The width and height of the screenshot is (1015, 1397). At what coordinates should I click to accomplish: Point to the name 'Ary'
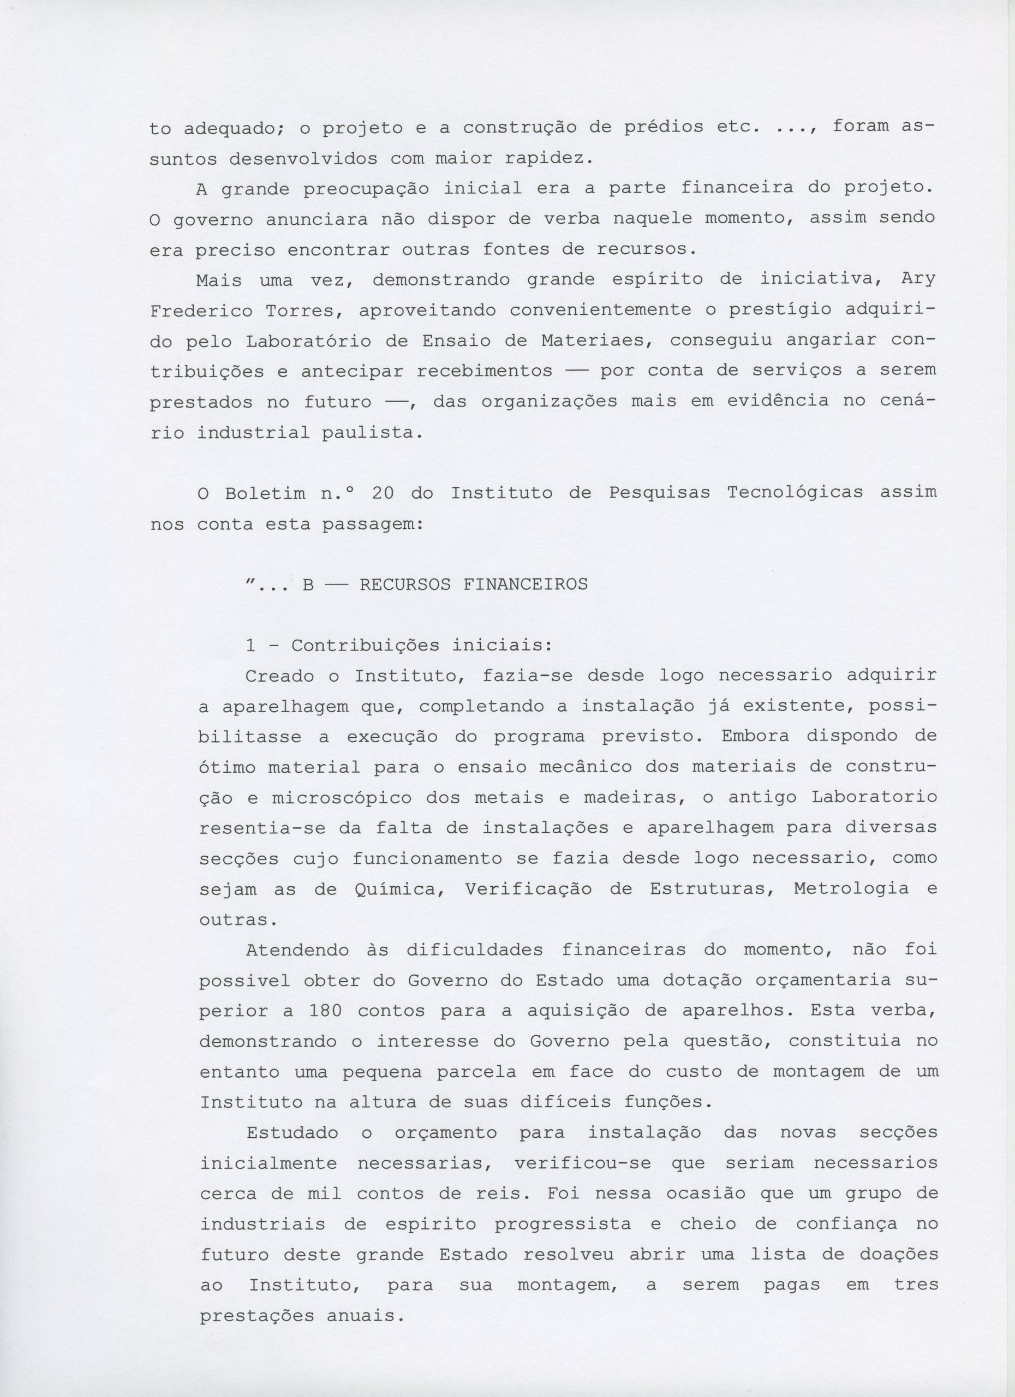coord(918,279)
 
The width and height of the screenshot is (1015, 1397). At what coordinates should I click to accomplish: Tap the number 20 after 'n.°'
coord(387,493)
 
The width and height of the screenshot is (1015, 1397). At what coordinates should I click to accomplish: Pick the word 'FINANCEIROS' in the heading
coord(526,584)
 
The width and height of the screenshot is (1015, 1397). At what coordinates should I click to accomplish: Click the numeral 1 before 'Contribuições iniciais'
coord(250,646)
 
